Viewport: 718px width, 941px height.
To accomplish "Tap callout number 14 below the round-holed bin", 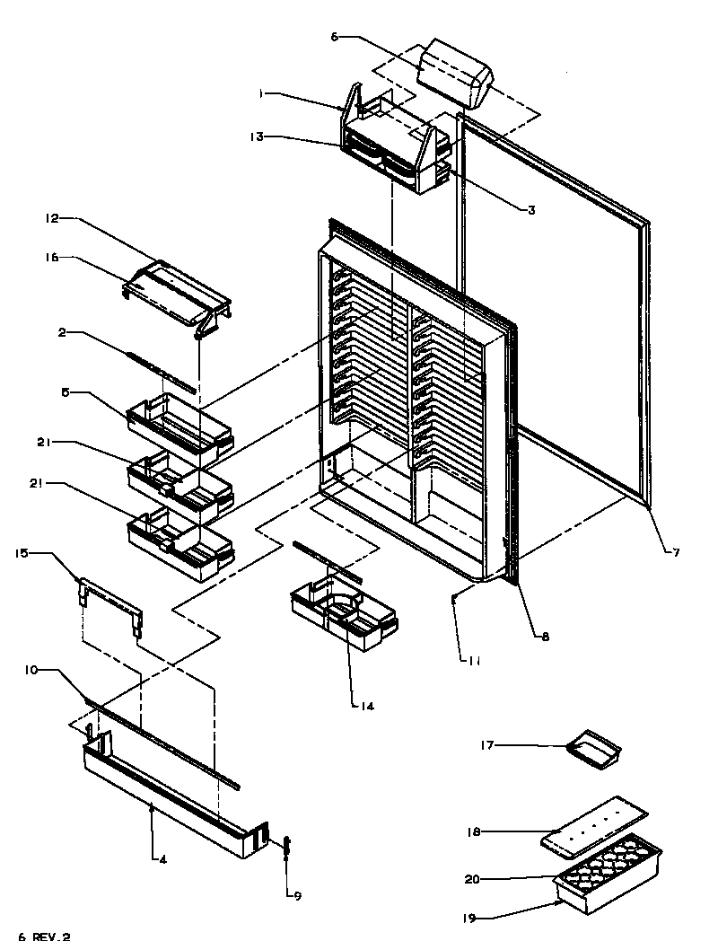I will pyautogui.click(x=365, y=706).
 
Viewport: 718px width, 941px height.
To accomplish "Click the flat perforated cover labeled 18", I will pyautogui.click(x=594, y=823).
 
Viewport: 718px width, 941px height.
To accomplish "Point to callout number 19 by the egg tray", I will pyautogui.click(x=470, y=919).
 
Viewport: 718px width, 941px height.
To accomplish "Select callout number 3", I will pyautogui.click(x=530, y=210).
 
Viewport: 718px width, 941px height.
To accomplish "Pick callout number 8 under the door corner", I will pyautogui.click(x=545, y=637).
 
